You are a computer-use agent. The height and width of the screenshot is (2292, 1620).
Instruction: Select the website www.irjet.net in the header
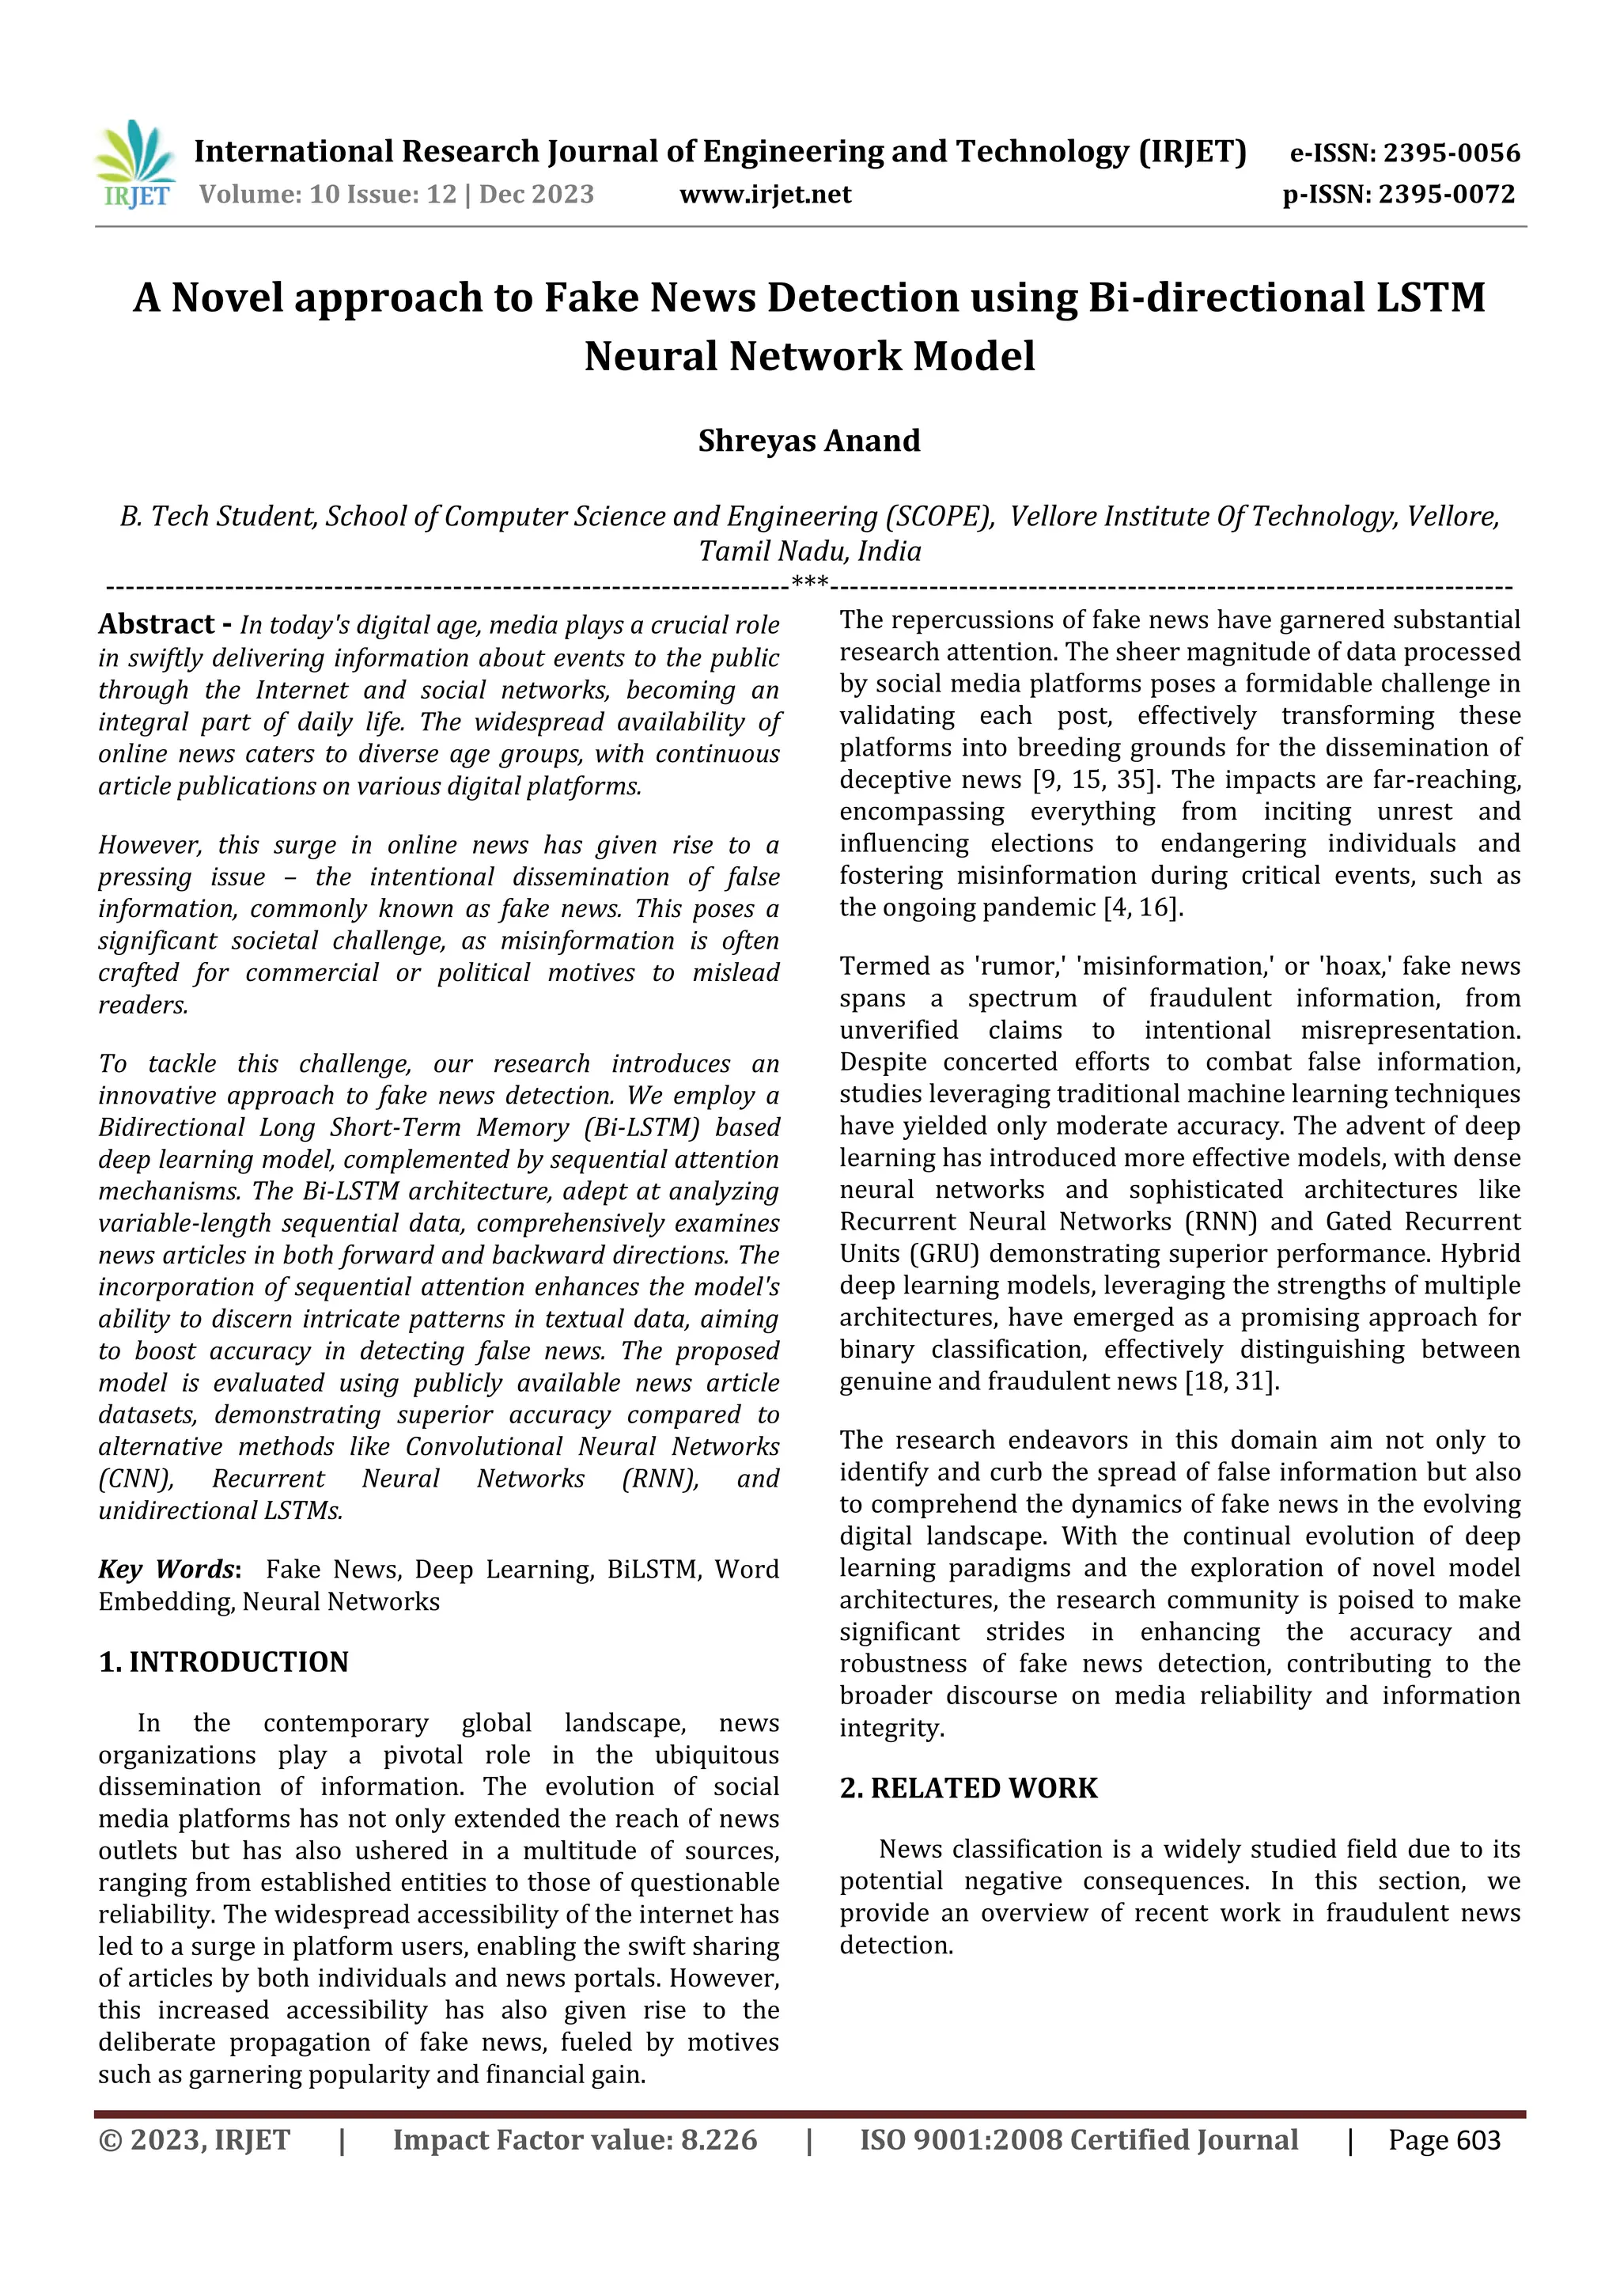765,194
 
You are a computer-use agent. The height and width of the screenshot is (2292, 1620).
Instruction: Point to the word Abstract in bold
157,625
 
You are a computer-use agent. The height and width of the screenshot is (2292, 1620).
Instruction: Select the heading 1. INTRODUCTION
224,1662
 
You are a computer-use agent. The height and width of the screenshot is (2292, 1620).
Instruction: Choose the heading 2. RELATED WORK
968,1788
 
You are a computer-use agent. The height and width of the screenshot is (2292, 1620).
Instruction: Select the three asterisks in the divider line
808,583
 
